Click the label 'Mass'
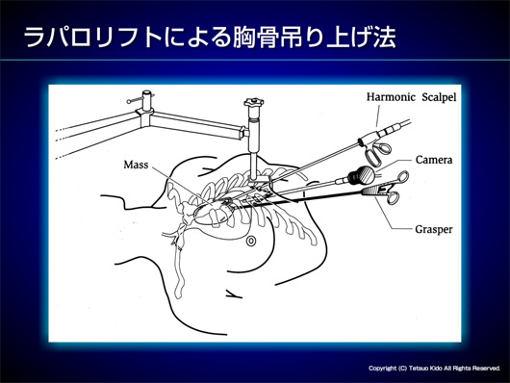pyautogui.click(x=136, y=165)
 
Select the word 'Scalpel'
pyautogui.click(x=439, y=97)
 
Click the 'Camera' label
pyautogui.click(x=434, y=160)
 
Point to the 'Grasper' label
pyautogui.click(x=434, y=229)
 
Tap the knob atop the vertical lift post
pyautogui.click(x=254, y=103)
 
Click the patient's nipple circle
pyautogui.click(x=251, y=241)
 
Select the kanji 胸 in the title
pyautogui.click(x=244, y=38)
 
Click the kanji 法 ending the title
pyautogui.click(x=384, y=38)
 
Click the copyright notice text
pyautogui.click(x=434, y=368)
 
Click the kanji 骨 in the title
pyautogui.click(x=268, y=38)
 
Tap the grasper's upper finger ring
pyautogui.click(x=403, y=176)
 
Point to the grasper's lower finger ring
pyautogui.click(x=393, y=198)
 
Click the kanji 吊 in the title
pyautogui.click(x=292, y=38)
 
